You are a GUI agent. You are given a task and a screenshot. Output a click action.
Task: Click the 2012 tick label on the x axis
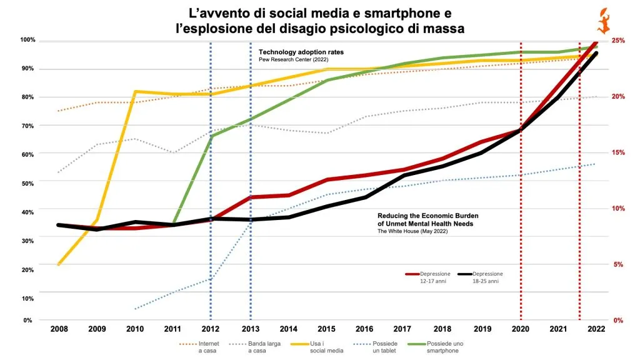tap(210, 329)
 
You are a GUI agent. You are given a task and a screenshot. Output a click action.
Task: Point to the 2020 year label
tap(521, 329)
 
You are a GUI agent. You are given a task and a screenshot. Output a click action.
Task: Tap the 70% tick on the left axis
tap(27, 126)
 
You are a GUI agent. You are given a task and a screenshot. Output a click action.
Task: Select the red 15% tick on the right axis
tap(619, 152)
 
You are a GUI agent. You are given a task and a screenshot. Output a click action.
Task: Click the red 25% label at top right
tap(619, 41)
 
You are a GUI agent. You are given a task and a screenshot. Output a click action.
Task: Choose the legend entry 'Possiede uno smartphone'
tap(436, 347)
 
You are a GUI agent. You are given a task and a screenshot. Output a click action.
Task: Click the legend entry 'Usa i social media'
tap(317, 347)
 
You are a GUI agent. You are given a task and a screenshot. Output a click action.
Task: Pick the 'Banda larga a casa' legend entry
tap(255, 347)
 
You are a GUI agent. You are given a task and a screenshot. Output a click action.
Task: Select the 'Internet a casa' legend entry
tap(199, 347)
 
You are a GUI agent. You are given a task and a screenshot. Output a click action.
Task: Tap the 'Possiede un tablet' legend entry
tap(375, 347)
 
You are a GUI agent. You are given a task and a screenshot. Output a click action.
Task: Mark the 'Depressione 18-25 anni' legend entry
tap(481, 277)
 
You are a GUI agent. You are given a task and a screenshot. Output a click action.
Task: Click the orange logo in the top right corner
tap(604, 21)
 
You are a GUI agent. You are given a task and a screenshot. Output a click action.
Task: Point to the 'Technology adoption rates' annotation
tap(301, 52)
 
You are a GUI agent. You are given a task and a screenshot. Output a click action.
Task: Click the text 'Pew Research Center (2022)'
tap(294, 59)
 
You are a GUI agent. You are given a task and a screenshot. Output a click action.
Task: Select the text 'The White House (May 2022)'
tap(412, 231)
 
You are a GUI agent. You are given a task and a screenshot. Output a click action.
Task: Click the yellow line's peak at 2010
tap(135, 91)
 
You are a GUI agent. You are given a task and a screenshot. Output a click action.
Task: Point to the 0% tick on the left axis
tap(27, 321)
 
